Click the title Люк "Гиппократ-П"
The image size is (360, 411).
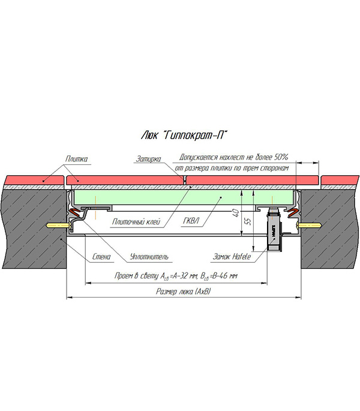181,134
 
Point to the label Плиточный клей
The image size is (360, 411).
131,221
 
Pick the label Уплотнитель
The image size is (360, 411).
149,257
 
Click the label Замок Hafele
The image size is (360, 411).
231,257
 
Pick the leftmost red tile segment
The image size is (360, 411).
34,179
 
